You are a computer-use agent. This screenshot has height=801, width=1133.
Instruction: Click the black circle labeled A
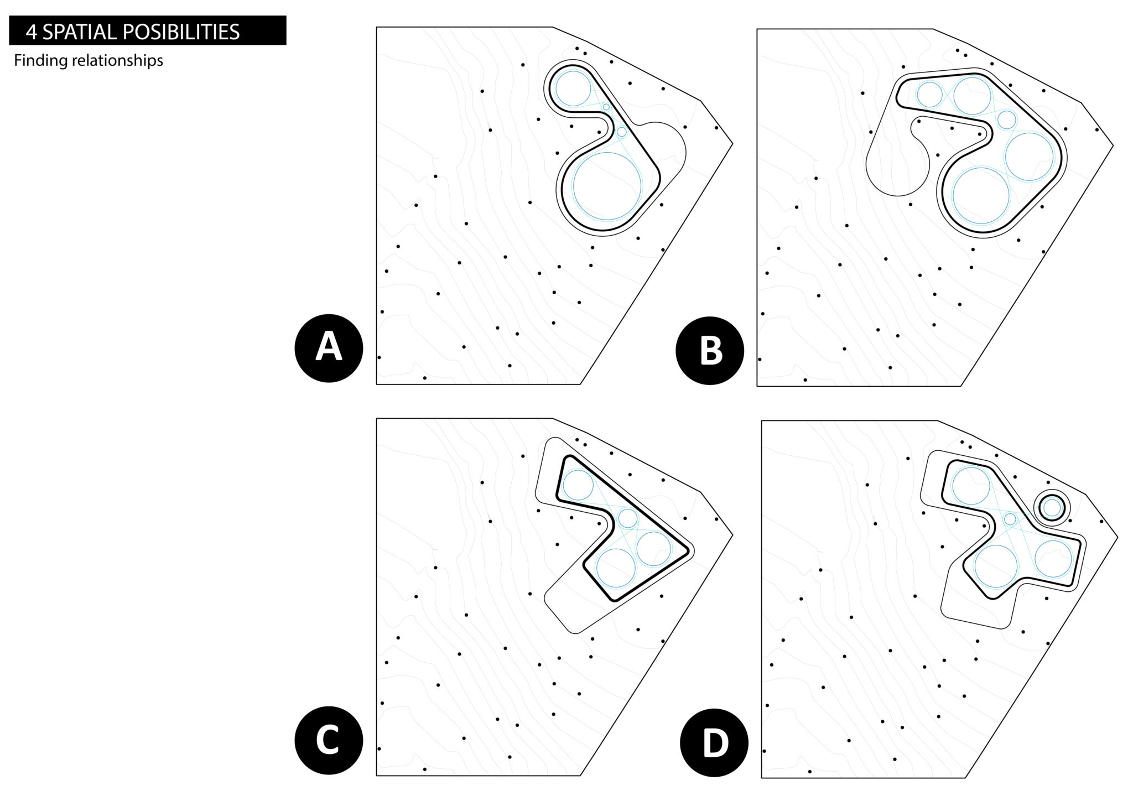pyautogui.click(x=329, y=348)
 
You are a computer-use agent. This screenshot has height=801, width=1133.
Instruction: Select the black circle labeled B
pyautogui.click(x=710, y=350)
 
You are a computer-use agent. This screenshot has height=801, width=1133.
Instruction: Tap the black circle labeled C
pyautogui.click(x=329, y=740)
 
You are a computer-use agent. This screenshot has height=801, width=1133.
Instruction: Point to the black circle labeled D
pyautogui.click(x=714, y=742)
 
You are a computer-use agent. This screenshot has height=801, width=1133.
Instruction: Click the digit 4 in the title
pyautogui.click(x=32, y=32)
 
